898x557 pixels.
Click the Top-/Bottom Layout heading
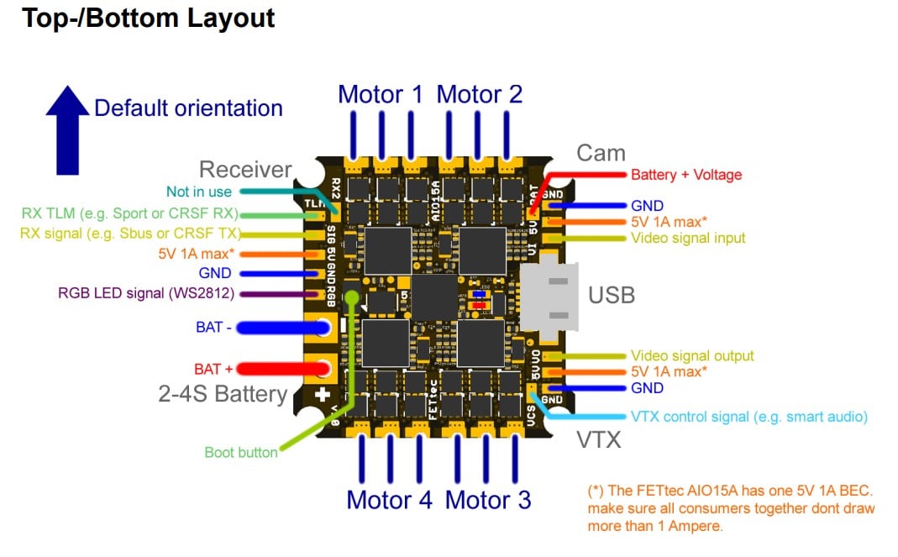click(x=148, y=18)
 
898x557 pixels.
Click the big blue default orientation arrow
click(x=66, y=129)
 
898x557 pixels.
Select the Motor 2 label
click(x=479, y=94)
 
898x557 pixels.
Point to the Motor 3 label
click(x=487, y=500)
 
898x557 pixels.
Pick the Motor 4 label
click(x=389, y=500)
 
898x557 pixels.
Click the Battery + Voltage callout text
click(x=686, y=175)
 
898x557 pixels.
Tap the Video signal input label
click(x=687, y=239)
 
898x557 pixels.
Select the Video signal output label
click(x=692, y=356)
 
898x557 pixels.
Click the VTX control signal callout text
click(x=748, y=417)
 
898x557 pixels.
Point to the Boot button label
click(x=241, y=452)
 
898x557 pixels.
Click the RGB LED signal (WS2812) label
click(x=146, y=293)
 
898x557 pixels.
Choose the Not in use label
click(x=198, y=192)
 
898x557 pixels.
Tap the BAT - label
click(x=214, y=327)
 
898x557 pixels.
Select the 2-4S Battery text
click(x=223, y=394)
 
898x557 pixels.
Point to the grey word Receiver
click(x=245, y=169)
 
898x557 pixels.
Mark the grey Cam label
click(x=601, y=153)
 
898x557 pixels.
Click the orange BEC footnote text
click(x=731, y=508)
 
